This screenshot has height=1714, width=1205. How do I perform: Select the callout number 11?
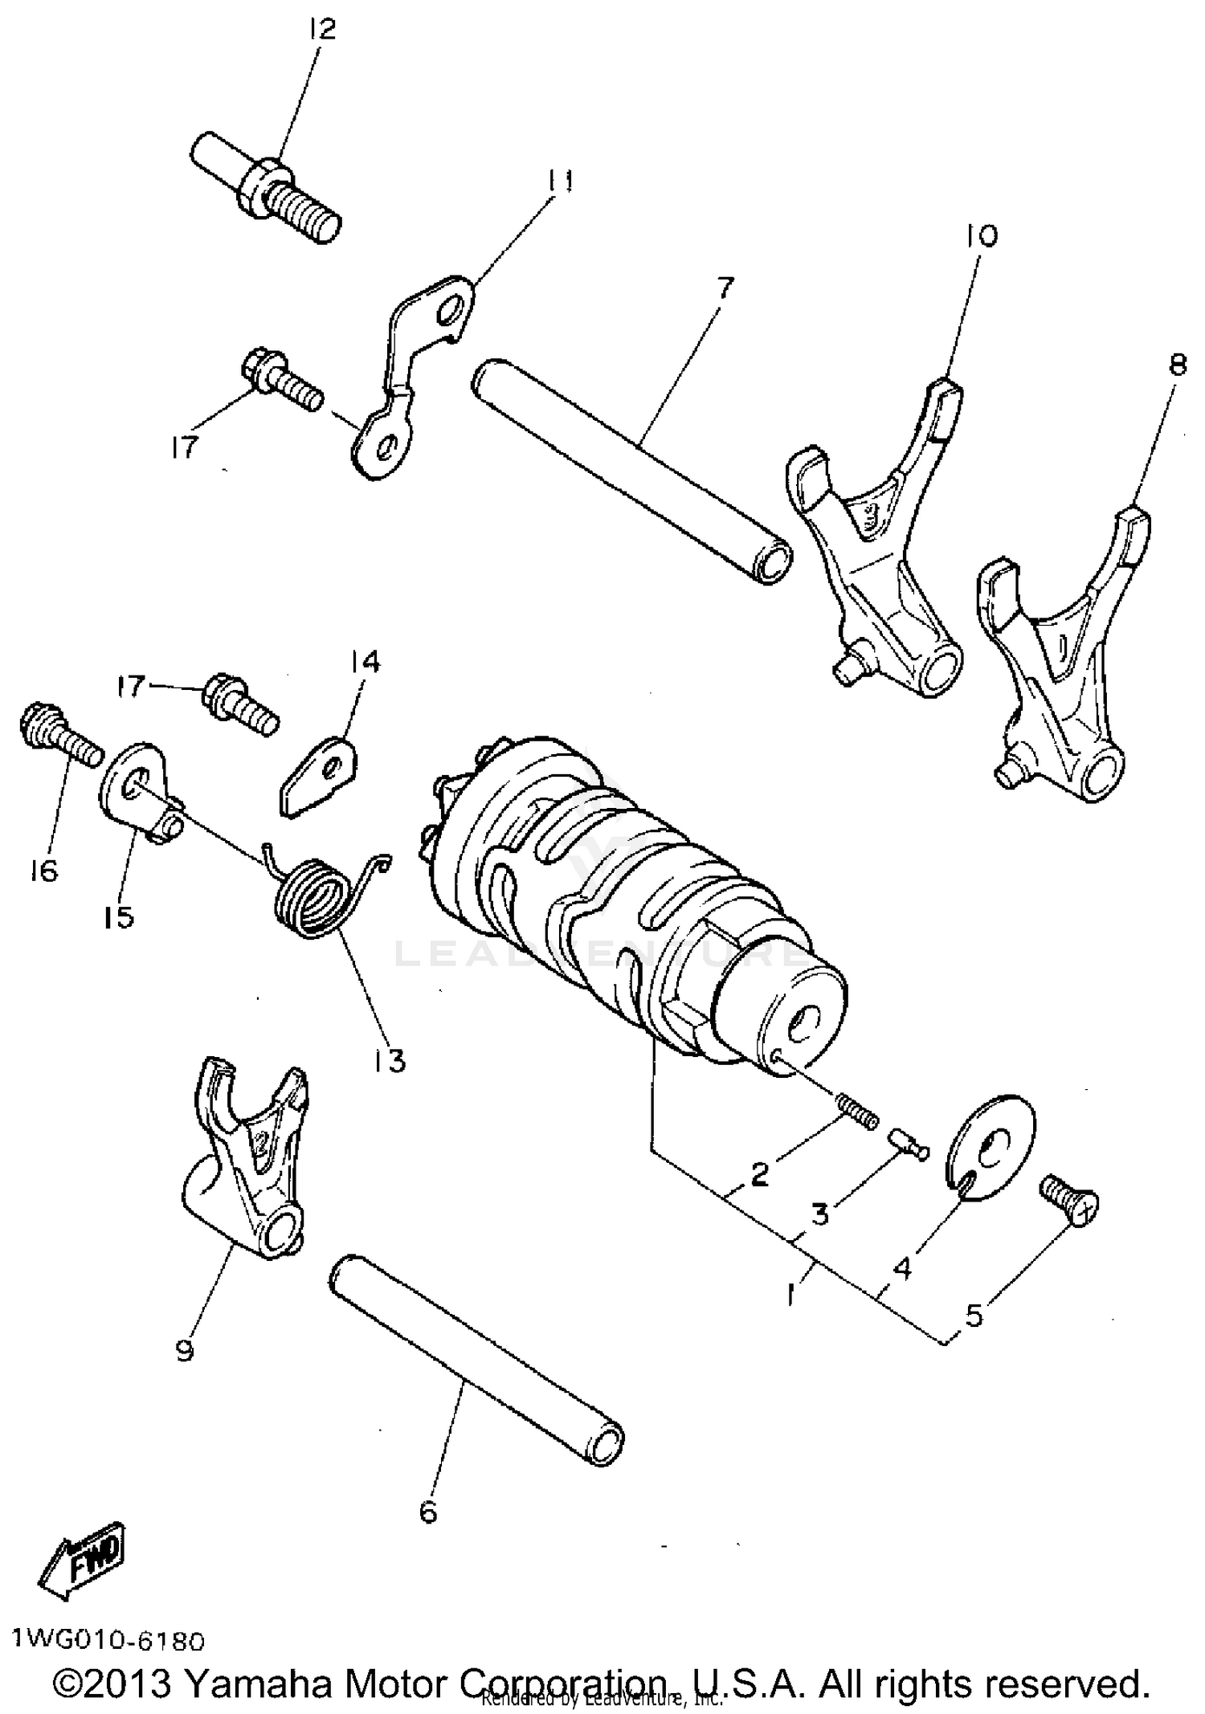click(561, 182)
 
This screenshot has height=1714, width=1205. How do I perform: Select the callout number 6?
click(428, 1512)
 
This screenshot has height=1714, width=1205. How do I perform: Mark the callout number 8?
click(1177, 365)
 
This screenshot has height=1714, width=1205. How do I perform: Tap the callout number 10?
click(981, 235)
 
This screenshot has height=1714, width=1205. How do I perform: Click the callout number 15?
click(118, 916)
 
